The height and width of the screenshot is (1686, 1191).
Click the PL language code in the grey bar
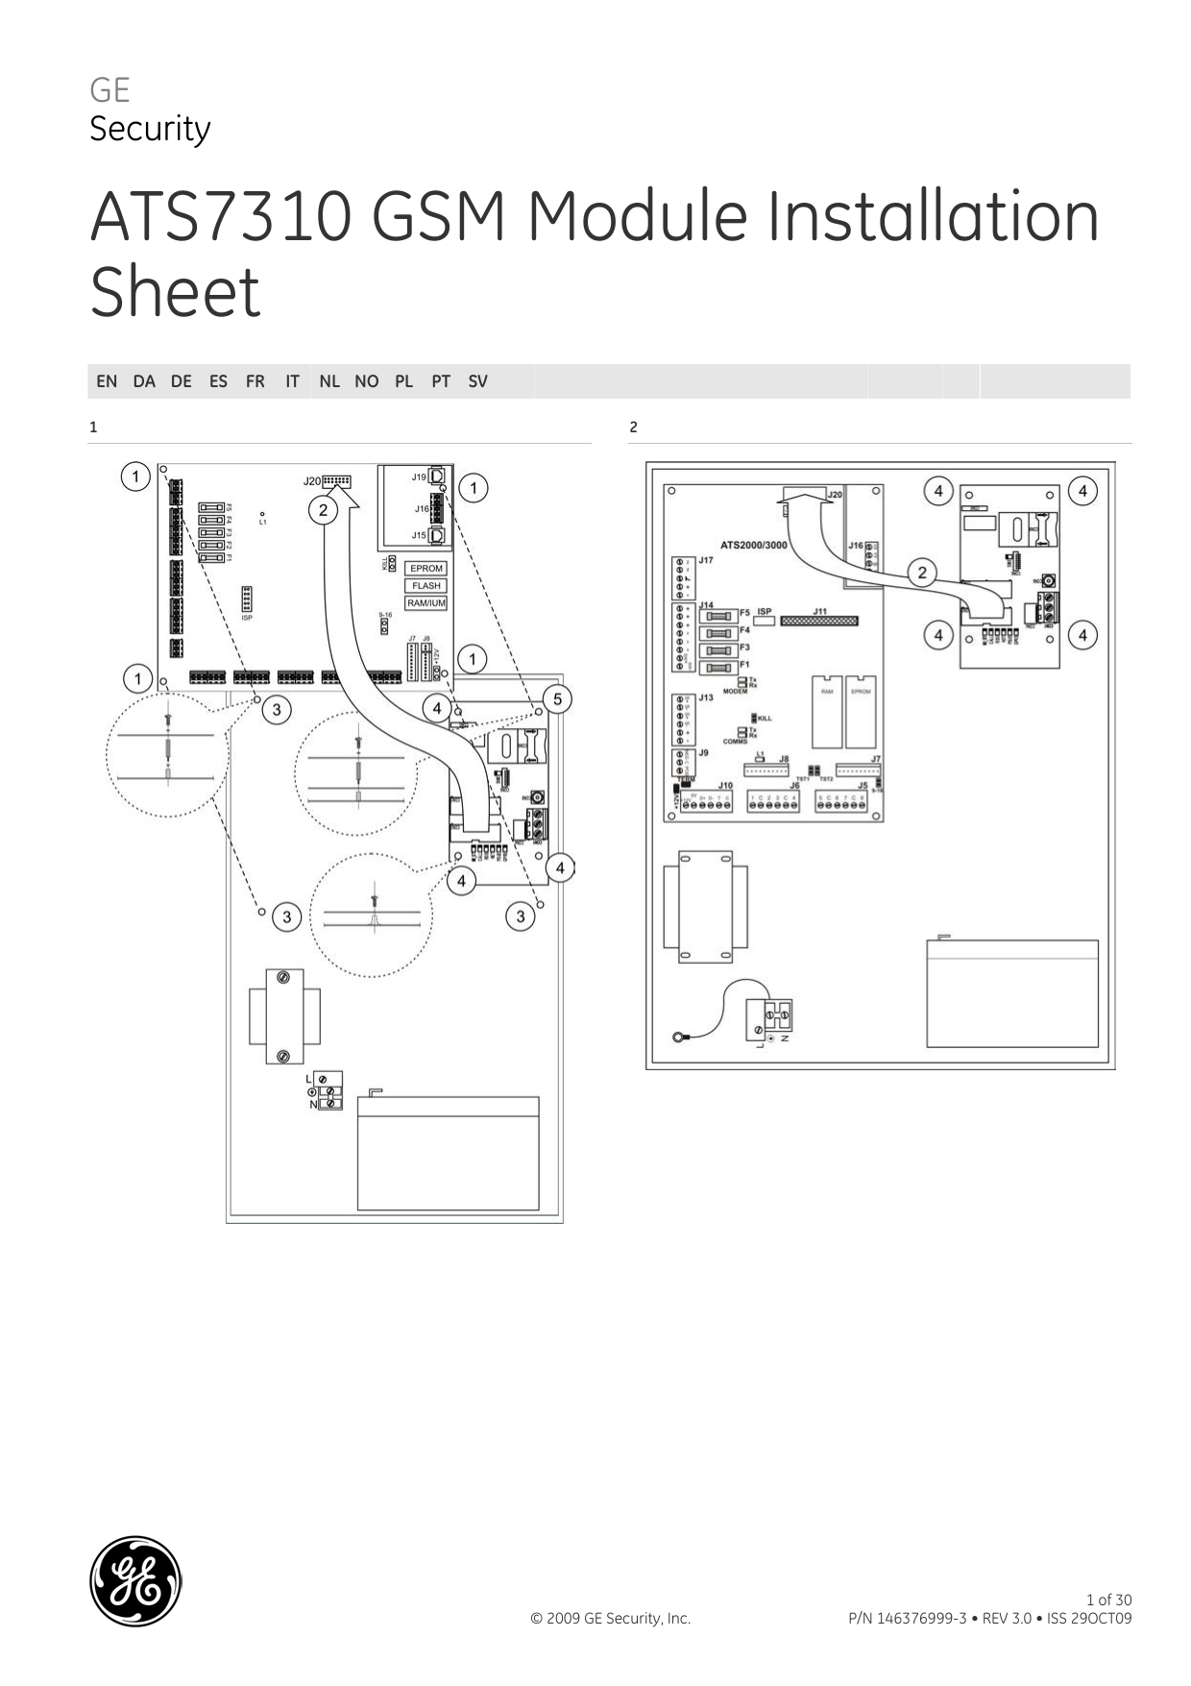pos(403,381)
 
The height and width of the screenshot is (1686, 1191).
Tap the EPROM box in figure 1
pos(425,569)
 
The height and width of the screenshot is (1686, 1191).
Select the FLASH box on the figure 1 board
pos(425,586)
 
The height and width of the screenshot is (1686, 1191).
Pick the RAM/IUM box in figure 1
pos(425,603)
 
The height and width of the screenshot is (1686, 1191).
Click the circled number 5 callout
pos(557,698)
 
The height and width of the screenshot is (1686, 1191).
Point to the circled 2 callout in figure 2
pos(922,574)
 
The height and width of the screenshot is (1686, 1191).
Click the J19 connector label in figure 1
pos(419,476)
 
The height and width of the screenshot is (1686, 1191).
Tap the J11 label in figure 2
pos(819,611)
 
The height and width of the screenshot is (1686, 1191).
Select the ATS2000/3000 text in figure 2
pos(753,545)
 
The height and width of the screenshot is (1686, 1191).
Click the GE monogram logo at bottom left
pos(135,1580)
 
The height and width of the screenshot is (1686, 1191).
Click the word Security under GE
pos(150,129)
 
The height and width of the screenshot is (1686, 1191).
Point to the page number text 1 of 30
pos(1108,1600)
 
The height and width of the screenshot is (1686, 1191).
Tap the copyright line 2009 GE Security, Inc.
pos(610,1619)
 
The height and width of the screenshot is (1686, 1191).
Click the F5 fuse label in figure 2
pos(744,612)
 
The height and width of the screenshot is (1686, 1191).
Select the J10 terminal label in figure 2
pos(724,785)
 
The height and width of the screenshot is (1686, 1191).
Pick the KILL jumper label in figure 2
pos(765,718)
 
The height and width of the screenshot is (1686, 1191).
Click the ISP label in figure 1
pos(247,618)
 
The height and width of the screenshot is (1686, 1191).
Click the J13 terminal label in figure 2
pos(706,697)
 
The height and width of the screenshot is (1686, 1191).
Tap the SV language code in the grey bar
pos(477,381)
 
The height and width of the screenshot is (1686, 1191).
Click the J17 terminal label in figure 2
pos(706,559)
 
